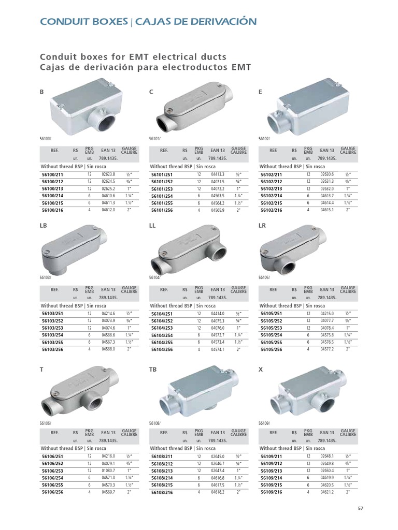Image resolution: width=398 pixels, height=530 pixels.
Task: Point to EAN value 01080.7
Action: (x=108, y=470)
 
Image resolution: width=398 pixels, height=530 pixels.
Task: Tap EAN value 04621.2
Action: (x=327, y=492)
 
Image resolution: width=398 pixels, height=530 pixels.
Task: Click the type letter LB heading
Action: (x=44, y=226)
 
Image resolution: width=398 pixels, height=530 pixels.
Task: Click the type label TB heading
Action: (x=153, y=370)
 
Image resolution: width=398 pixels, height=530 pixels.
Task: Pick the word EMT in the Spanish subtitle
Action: (x=241, y=67)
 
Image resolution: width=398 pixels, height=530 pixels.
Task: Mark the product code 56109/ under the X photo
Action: (x=264, y=423)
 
